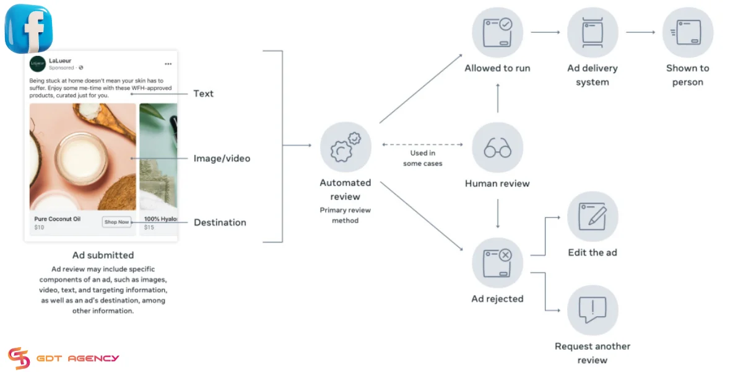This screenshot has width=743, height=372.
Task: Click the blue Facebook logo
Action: click(x=28, y=29)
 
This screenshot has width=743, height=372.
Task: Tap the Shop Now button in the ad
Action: click(x=116, y=222)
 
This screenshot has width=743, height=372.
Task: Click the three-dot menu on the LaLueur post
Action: click(x=168, y=64)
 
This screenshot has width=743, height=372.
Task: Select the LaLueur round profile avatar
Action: click(x=38, y=64)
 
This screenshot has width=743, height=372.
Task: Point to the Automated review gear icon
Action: click(x=345, y=147)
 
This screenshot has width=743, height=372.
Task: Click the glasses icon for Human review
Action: click(x=498, y=148)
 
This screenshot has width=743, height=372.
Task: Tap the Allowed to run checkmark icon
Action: click(x=498, y=32)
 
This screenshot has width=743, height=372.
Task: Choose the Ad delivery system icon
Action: click(x=593, y=32)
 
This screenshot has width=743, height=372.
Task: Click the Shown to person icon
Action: click(x=688, y=32)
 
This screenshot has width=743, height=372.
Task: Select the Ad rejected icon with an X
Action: click(x=498, y=263)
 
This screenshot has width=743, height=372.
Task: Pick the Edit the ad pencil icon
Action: click(x=593, y=216)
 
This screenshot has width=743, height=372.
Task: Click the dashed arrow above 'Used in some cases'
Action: click(x=422, y=144)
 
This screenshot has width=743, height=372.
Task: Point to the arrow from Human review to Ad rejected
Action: click(x=498, y=213)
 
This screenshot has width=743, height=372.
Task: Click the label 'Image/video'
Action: click(x=222, y=159)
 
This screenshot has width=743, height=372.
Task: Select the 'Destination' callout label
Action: click(x=220, y=223)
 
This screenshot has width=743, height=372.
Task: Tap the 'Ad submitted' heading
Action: click(x=103, y=255)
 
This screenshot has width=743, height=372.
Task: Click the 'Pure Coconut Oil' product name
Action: click(x=58, y=219)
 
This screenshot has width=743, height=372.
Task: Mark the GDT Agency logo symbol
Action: click(x=19, y=358)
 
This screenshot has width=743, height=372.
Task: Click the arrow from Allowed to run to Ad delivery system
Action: click(x=545, y=32)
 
